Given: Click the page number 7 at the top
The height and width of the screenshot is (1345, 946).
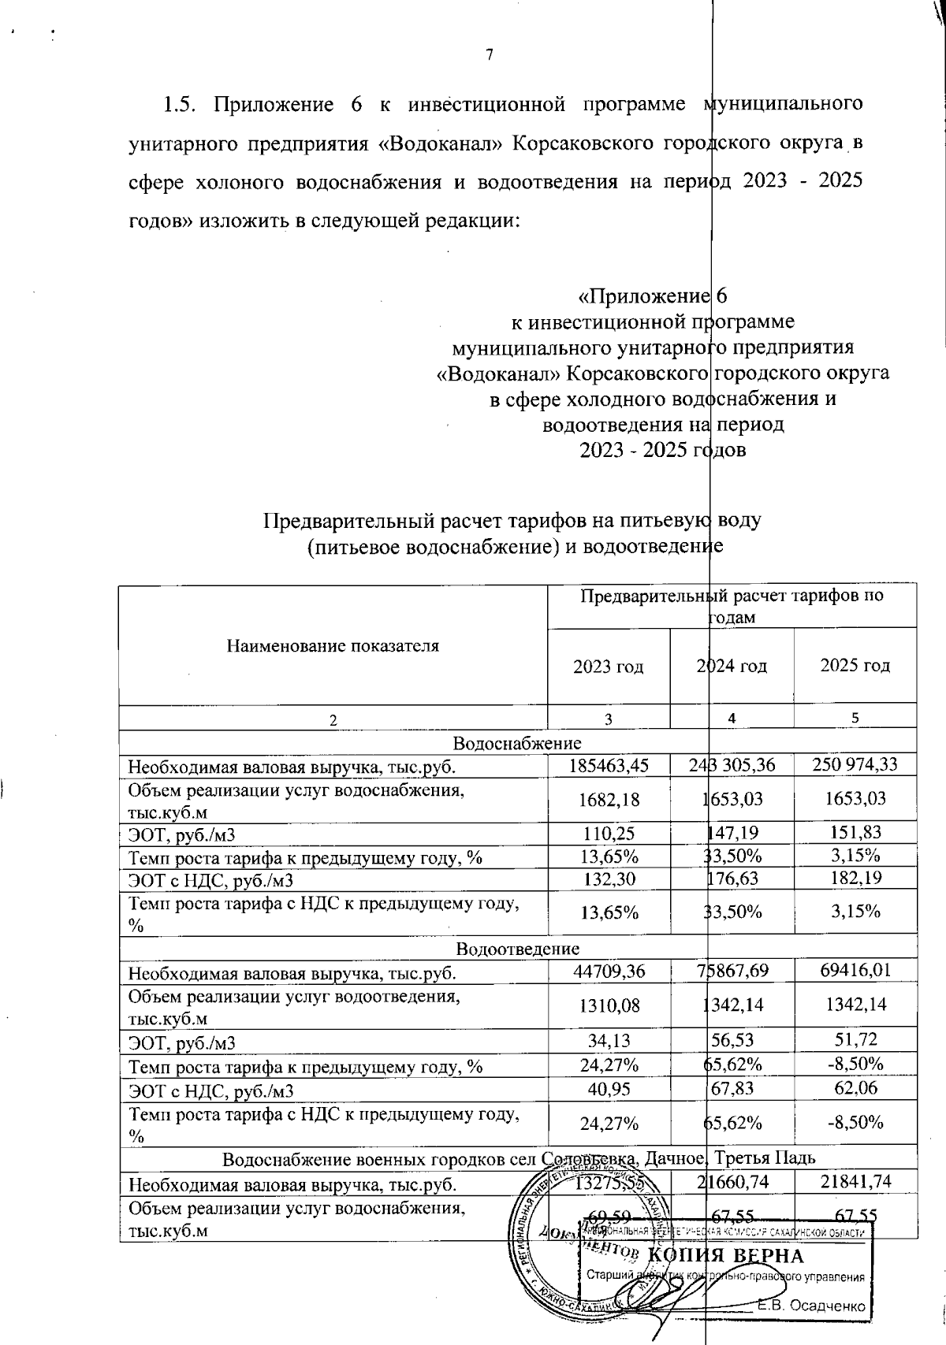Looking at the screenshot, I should (489, 54).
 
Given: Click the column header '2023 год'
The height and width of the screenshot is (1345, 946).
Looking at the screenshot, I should (608, 666).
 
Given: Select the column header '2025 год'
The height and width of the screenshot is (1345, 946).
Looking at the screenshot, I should (855, 666).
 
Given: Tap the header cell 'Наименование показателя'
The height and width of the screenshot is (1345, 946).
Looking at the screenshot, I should (333, 646).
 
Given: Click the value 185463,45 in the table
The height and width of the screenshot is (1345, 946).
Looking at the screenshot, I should (608, 764).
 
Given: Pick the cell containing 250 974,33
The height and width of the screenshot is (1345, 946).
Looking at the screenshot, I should (855, 764).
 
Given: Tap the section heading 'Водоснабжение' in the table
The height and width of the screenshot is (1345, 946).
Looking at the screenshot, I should (517, 742).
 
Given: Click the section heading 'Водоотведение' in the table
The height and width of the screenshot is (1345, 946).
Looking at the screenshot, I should (517, 948).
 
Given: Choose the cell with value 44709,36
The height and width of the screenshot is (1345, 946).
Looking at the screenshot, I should (608, 971).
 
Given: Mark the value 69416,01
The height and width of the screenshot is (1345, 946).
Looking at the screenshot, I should (855, 971).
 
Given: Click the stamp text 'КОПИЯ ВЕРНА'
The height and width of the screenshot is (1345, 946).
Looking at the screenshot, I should (725, 1255).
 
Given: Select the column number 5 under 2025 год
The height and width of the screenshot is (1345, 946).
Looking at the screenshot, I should (855, 717).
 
